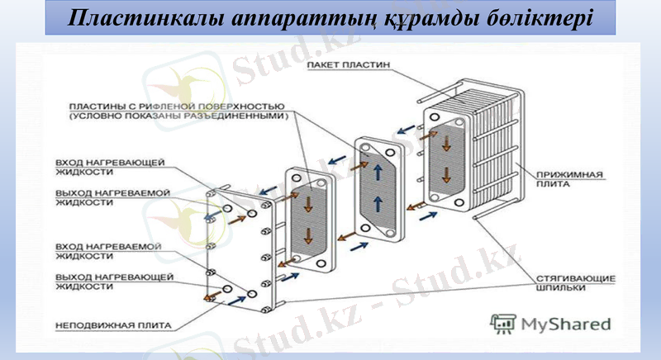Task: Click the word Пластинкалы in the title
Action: pos(136,17)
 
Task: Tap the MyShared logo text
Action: pos(565,324)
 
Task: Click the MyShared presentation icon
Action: pos(502,323)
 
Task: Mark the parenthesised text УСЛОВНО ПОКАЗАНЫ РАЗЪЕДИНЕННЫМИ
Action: pos(179,117)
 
